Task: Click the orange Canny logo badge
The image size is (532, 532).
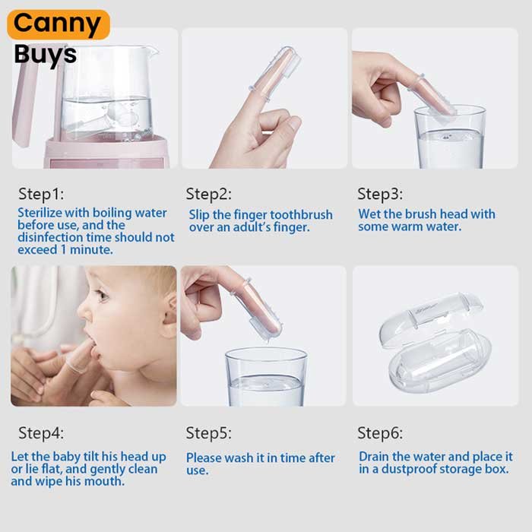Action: [59, 24]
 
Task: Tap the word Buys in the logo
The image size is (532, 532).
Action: [46, 55]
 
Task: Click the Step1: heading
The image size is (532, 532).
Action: [41, 195]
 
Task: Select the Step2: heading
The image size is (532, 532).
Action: [209, 195]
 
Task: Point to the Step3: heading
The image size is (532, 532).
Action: [380, 195]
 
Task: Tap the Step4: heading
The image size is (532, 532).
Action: [41, 433]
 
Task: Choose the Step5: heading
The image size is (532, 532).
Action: [209, 433]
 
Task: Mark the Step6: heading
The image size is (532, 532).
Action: [380, 433]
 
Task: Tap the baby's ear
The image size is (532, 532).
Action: [169, 314]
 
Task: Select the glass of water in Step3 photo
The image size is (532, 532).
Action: [450, 137]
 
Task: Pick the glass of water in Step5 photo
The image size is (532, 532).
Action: [266, 377]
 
